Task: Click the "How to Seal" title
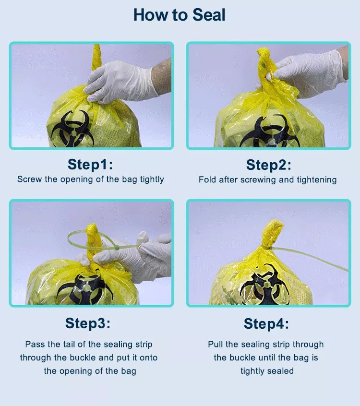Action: pyautogui.click(x=180, y=15)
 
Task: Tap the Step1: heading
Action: pyautogui.click(x=90, y=165)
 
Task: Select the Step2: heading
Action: pyautogui.click(x=268, y=165)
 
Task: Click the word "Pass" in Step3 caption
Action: pyautogui.click(x=34, y=345)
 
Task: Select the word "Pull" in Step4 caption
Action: pyautogui.click(x=216, y=345)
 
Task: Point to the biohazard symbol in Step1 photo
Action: pyautogui.click(x=71, y=129)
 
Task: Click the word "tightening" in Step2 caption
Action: pyautogui.click(x=317, y=180)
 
